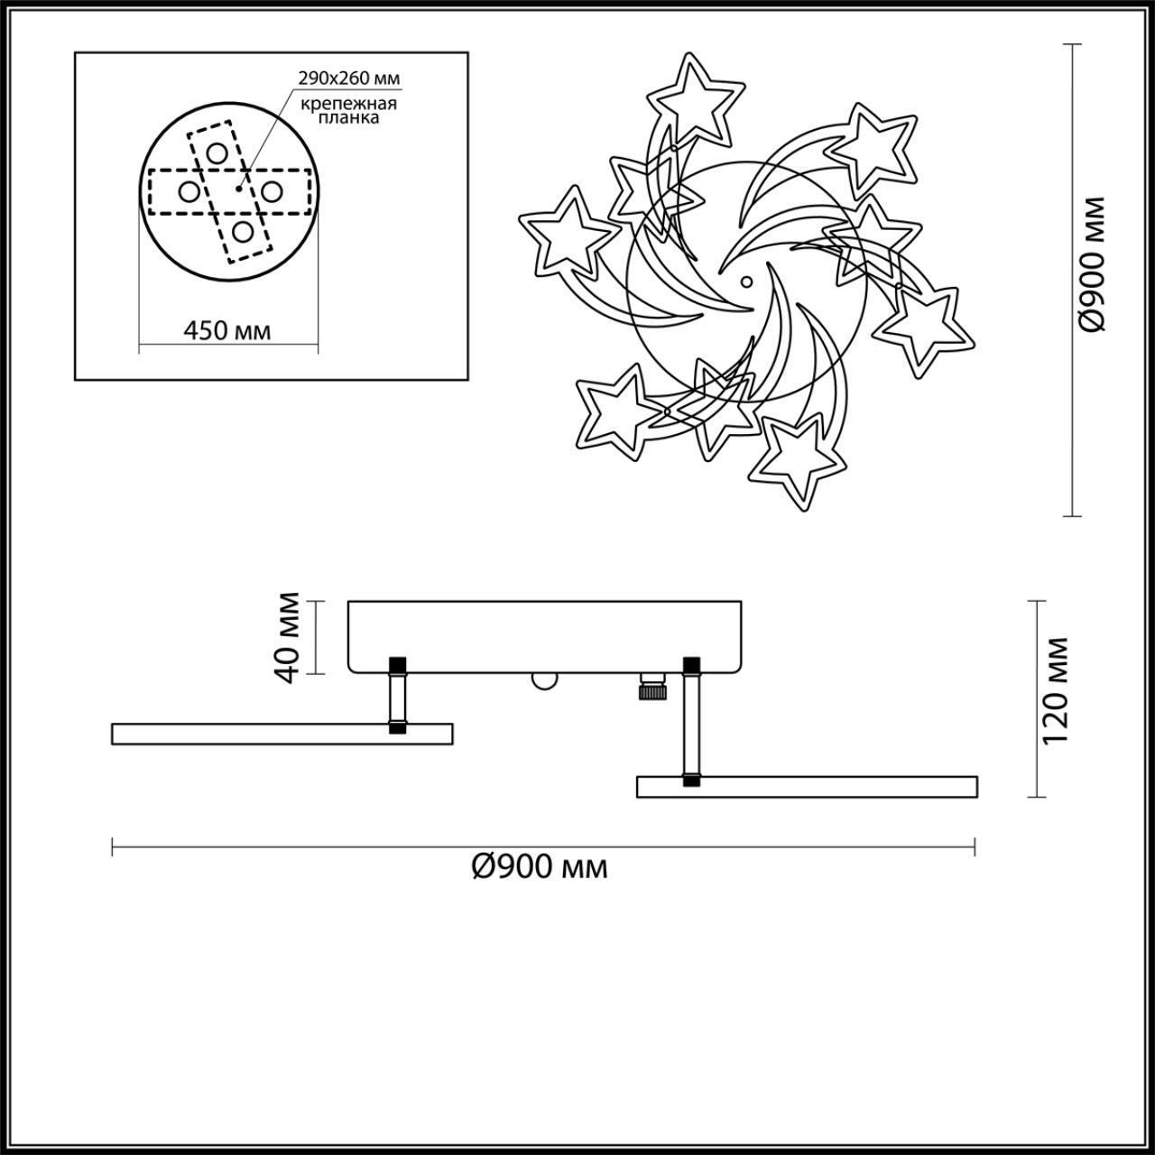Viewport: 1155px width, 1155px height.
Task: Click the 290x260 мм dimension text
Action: pyautogui.click(x=348, y=79)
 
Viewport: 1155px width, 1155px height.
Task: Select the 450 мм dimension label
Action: pyautogui.click(x=227, y=330)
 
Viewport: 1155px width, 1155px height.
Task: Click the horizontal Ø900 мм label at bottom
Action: pyautogui.click(x=540, y=867)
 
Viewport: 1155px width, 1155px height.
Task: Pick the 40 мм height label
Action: pyautogui.click(x=288, y=637)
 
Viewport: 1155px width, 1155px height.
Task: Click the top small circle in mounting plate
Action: pyautogui.click(x=216, y=152)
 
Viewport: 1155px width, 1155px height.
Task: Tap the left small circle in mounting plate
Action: pyautogui.click(x=189, y=191)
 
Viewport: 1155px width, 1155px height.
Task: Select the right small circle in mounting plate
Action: pyautogui.click(x=271, y=191)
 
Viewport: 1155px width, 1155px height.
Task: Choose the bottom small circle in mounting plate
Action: pyautogui.click(x=242, y=231)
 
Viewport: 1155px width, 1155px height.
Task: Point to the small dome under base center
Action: pyautogui.click(x=542, y=681)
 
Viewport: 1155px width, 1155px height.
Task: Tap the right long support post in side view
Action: pyautogui.click(x=691, y=722)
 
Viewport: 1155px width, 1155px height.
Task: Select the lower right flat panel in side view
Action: pyautogui.click(x=807, y=786)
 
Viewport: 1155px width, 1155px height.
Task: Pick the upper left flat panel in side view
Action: pyautogui.click(x=282, y=734)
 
